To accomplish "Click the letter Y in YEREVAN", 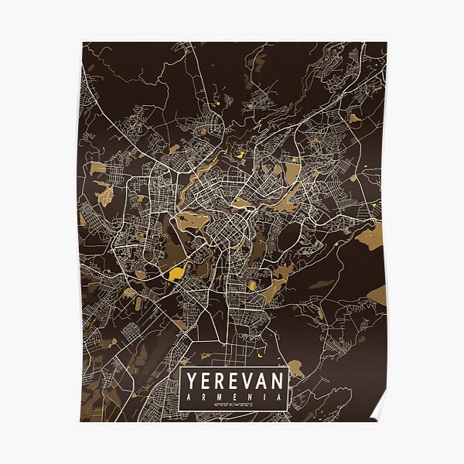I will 189,380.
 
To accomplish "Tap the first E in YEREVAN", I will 204,380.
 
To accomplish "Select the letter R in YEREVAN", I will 219,380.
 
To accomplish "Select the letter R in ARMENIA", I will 203,395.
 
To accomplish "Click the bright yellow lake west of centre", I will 176,273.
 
